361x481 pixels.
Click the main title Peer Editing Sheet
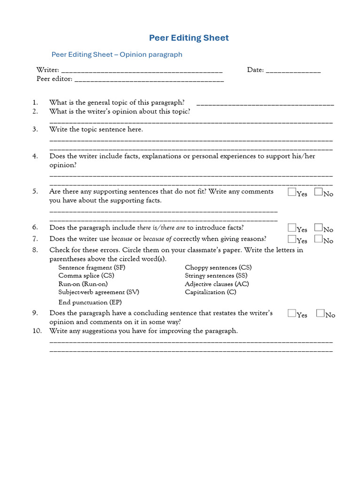(189, 38)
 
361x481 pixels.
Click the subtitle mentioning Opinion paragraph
(117, 54)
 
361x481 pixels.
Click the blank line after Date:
(293, 71)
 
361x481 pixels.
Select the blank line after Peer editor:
(149, 80)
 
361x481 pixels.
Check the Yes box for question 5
(292, 192)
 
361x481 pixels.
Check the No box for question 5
(318, 192)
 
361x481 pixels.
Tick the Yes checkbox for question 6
(292, 228)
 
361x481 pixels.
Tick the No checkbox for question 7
(318, 239)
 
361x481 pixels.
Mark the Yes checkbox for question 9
(292, 313)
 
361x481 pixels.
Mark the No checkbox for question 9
(321, 313)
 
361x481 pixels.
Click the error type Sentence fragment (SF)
(92, 267)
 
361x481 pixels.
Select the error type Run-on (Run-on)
(83, 284)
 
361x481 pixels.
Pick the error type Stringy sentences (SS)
(216, 276)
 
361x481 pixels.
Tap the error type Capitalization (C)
(211, 292)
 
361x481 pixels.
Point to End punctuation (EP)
(90, 302)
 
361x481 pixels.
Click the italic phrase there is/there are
(161, 228)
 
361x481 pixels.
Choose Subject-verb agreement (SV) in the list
(99, 292)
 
